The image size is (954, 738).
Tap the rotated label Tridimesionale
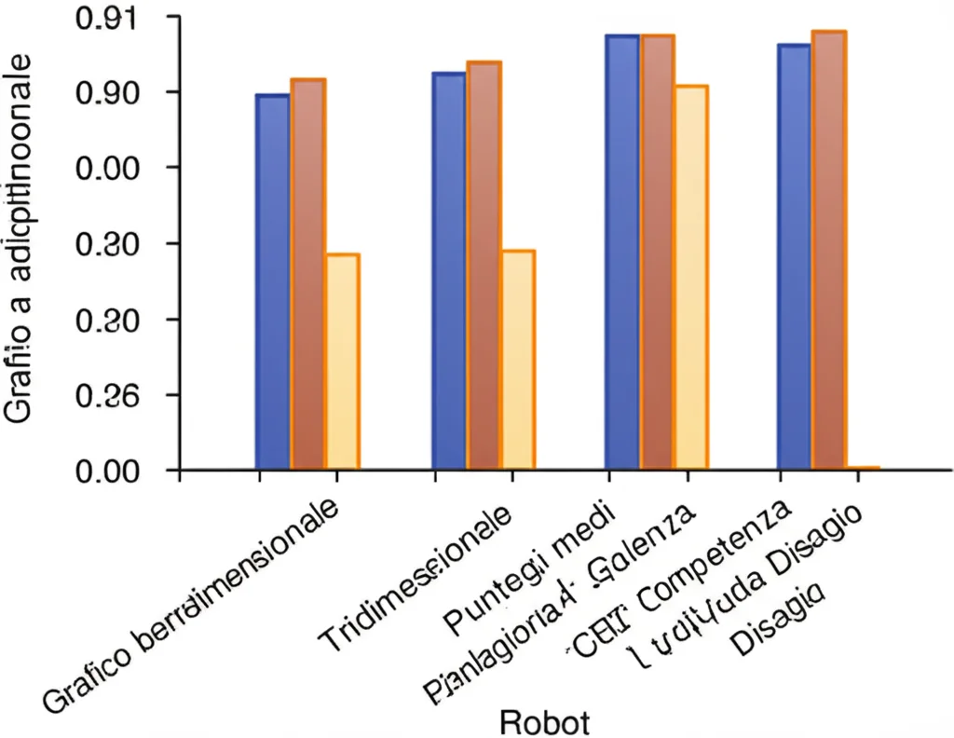coord(415,579)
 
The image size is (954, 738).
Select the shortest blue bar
coord(273,281)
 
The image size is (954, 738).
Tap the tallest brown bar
coord(829,250)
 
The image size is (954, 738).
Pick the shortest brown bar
coord(307,274)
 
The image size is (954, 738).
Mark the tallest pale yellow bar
coord(691,277)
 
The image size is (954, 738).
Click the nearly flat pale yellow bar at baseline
coord(864,467)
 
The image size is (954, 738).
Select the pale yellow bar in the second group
coord(518,360)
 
